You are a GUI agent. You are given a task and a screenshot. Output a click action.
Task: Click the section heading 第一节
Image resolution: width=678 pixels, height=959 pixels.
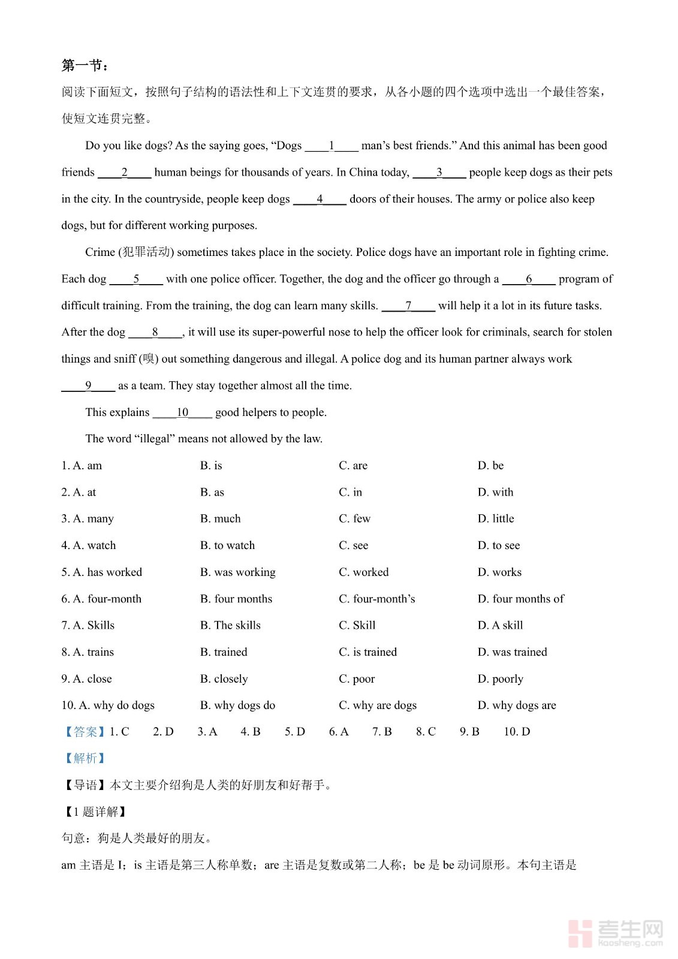[85, 65]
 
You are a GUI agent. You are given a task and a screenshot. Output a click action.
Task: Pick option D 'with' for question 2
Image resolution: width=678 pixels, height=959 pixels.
[495, 492]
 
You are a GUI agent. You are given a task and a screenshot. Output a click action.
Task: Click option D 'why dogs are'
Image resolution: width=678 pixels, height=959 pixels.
[517, 705]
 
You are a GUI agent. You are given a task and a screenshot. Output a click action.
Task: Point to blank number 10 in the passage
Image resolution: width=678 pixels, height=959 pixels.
[182, 412]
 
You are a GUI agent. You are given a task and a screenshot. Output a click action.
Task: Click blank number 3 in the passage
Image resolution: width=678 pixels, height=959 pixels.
[439, 173]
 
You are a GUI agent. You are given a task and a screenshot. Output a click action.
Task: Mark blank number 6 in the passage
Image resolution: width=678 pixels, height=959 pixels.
[528, 279]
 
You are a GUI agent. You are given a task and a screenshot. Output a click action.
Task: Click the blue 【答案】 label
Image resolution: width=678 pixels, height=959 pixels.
[85, 732]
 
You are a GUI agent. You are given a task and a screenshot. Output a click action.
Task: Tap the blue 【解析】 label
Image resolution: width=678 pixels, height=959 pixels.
[85, 758]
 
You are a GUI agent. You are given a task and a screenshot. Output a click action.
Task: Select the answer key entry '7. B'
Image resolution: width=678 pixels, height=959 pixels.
[382, 732]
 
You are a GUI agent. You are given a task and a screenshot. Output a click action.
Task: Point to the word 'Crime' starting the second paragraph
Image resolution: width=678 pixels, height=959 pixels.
[100, 252]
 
